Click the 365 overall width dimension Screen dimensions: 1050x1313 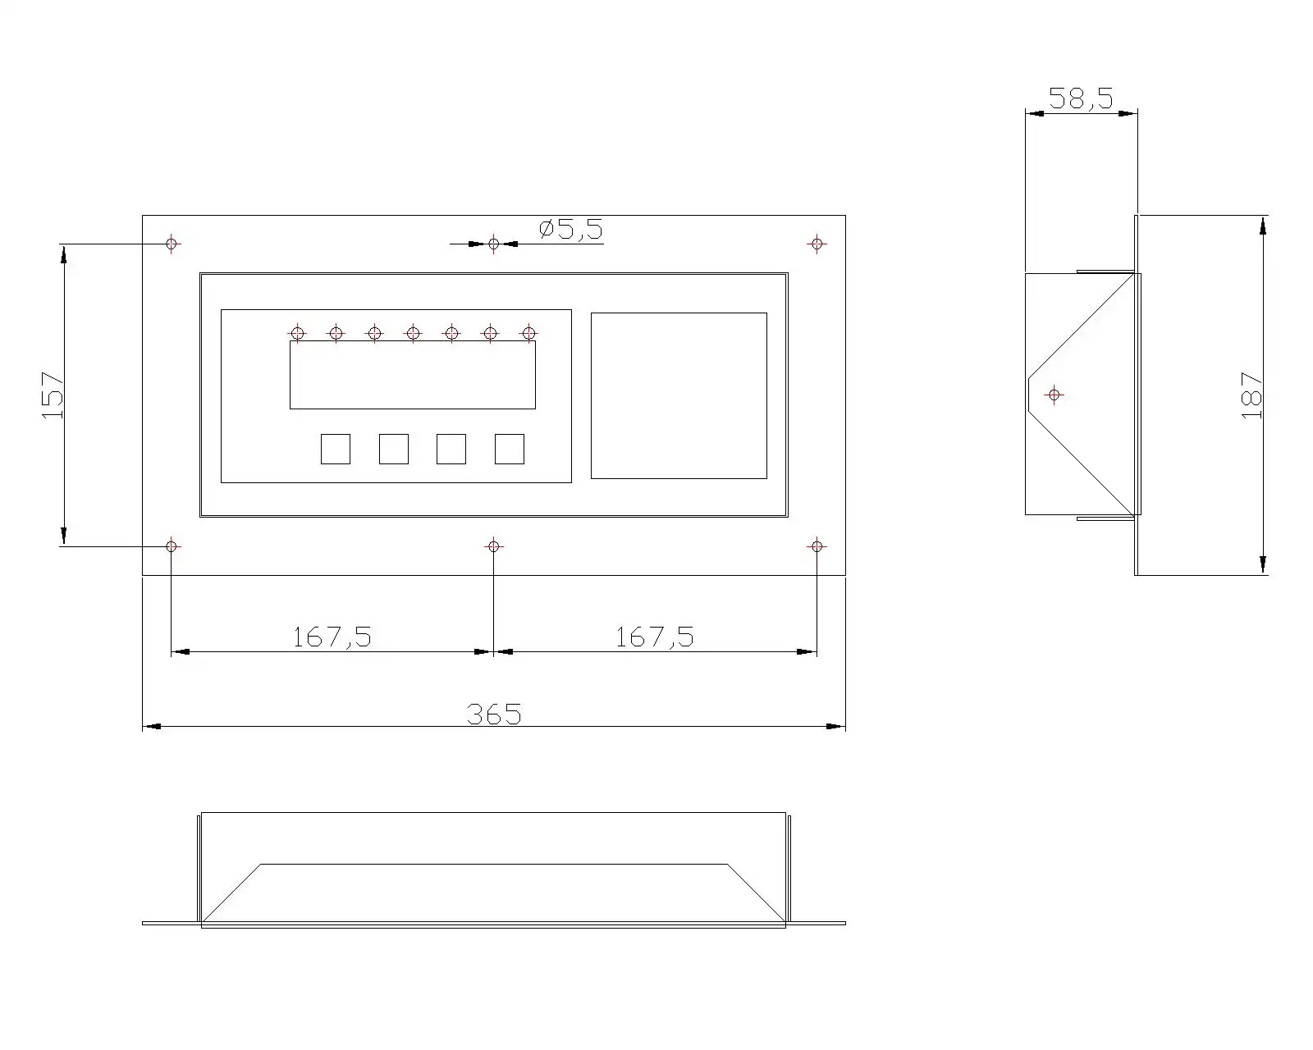(494, 714)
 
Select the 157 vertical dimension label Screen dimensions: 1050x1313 (53, 395)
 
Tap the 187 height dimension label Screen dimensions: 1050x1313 (1251, 395)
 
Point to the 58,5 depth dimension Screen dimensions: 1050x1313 (1081, 99)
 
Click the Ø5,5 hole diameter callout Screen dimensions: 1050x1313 (571, 230)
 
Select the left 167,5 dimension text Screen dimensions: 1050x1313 (332, 637)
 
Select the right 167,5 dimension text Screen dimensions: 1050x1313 (655, 637)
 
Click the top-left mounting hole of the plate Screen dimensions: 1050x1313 (172, 244)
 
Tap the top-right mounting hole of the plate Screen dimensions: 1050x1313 (816, 244)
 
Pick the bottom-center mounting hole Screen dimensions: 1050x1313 (493, 546)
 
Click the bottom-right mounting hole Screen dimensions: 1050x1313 (816, 546)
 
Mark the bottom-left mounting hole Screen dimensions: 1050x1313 (172, 546)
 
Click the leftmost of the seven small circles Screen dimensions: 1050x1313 (297, 333)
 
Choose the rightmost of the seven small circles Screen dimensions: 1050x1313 (529, 333)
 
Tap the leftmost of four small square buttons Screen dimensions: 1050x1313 (335, 449)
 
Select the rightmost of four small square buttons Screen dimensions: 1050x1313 (509, 449)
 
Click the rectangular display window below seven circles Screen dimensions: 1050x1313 (412, 376)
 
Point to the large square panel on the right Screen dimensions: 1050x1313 (679, 395)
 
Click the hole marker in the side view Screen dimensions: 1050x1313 (1055, 395)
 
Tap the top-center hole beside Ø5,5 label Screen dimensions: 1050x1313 (493, 244)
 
